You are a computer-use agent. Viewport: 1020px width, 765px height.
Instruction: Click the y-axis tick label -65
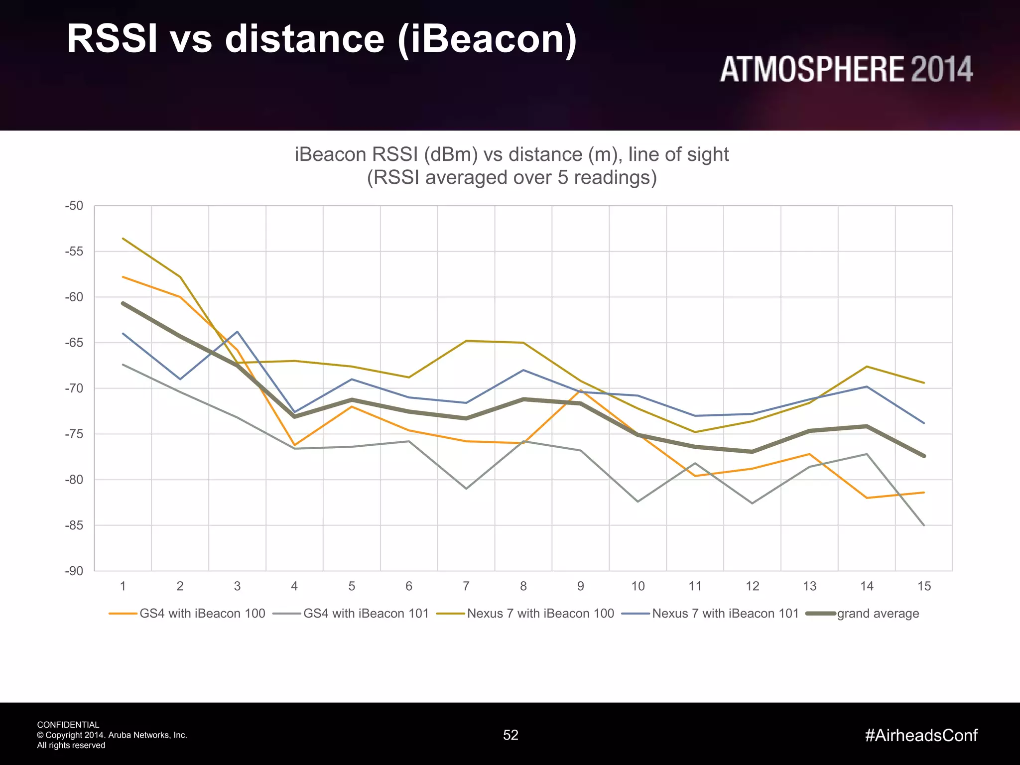tap(74, 343)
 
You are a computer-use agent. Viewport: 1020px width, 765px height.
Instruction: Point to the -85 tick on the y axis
tap(74, 525)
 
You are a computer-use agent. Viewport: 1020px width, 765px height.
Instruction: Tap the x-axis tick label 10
tap(637, 586)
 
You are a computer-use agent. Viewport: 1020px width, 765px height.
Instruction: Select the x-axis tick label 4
tap(294, 586)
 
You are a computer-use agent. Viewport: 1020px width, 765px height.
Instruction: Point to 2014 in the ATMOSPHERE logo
tap(941, 70)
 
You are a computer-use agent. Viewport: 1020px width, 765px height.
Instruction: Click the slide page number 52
tap(510, 735)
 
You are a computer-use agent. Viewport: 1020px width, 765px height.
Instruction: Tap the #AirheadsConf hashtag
tap(921, 735)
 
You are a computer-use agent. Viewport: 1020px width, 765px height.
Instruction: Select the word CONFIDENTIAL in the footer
tap(68, 725)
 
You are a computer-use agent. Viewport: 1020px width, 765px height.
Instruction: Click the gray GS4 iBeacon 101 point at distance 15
tap(924, 525)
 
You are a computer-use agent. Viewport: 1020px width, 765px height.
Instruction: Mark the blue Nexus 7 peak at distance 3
tap(237, 332)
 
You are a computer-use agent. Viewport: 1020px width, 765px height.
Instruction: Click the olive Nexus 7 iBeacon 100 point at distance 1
tap(123, 239)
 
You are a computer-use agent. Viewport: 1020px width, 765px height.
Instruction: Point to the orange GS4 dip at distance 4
tap(294, 445)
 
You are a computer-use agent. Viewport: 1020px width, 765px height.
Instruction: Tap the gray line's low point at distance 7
tap(466, 489)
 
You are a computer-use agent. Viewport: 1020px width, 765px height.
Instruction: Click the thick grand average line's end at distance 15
tap(924, 456)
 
